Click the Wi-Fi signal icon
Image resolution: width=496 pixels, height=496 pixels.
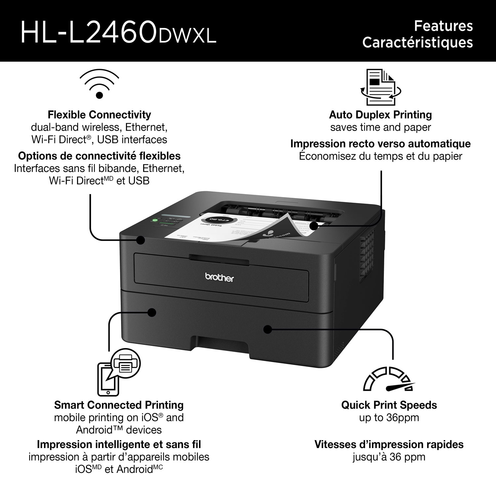coord(99,85)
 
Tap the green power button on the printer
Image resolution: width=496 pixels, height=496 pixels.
coord(154,220)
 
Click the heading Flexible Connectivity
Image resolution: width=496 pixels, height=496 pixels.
coord(99,115)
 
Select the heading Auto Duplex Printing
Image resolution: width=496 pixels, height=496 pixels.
coord(380,115)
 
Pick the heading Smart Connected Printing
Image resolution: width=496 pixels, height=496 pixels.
coord(119,405)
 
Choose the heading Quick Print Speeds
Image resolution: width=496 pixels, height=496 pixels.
coord(389,405)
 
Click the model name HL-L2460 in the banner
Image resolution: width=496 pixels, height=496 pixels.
coord(89,31)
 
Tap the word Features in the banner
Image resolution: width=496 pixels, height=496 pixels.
coord(443,26)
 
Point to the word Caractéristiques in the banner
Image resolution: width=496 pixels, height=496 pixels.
coord(417,42)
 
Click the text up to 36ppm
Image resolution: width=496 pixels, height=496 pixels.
coord(389,417)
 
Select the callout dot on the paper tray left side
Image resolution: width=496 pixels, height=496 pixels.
coord(152,312)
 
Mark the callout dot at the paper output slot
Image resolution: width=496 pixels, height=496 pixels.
coord(313,226)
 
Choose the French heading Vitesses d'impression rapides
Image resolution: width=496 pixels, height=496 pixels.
coord(389,444)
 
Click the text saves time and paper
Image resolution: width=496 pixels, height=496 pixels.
coord(380,127)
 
